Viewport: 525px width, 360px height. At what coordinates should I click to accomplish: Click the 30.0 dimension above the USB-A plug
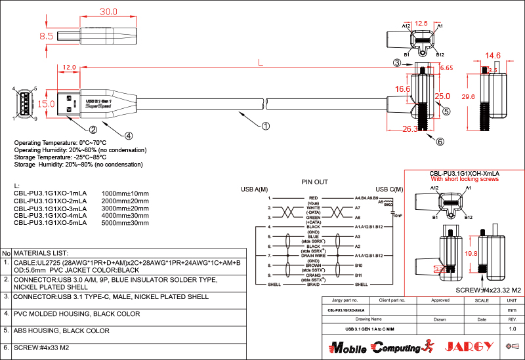[108, 12]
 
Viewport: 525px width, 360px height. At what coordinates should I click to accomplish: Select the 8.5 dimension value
[46, 37]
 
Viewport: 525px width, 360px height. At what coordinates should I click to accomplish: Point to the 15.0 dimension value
[46, 104]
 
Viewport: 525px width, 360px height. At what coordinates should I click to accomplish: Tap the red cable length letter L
[261, 63]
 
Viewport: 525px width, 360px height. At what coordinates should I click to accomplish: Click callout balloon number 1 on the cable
[266, 125]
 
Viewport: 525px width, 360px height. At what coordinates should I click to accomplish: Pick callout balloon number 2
[93, 129]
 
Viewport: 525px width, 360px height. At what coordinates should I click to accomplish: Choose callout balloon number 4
[129, 136]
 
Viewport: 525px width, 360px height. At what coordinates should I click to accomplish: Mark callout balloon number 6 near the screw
[440, 141]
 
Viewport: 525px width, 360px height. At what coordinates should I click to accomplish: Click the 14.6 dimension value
[493, 56]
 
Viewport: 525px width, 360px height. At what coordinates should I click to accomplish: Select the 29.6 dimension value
[468, 96]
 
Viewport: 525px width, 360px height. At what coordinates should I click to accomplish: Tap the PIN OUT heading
[315, 182]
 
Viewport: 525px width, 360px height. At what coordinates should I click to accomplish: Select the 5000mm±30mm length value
[125, 223]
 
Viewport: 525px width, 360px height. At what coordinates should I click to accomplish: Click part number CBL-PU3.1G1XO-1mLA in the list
[51, 194]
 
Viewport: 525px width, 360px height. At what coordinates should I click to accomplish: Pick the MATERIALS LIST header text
[41, 252]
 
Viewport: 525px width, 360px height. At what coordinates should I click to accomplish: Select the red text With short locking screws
[465, 179]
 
